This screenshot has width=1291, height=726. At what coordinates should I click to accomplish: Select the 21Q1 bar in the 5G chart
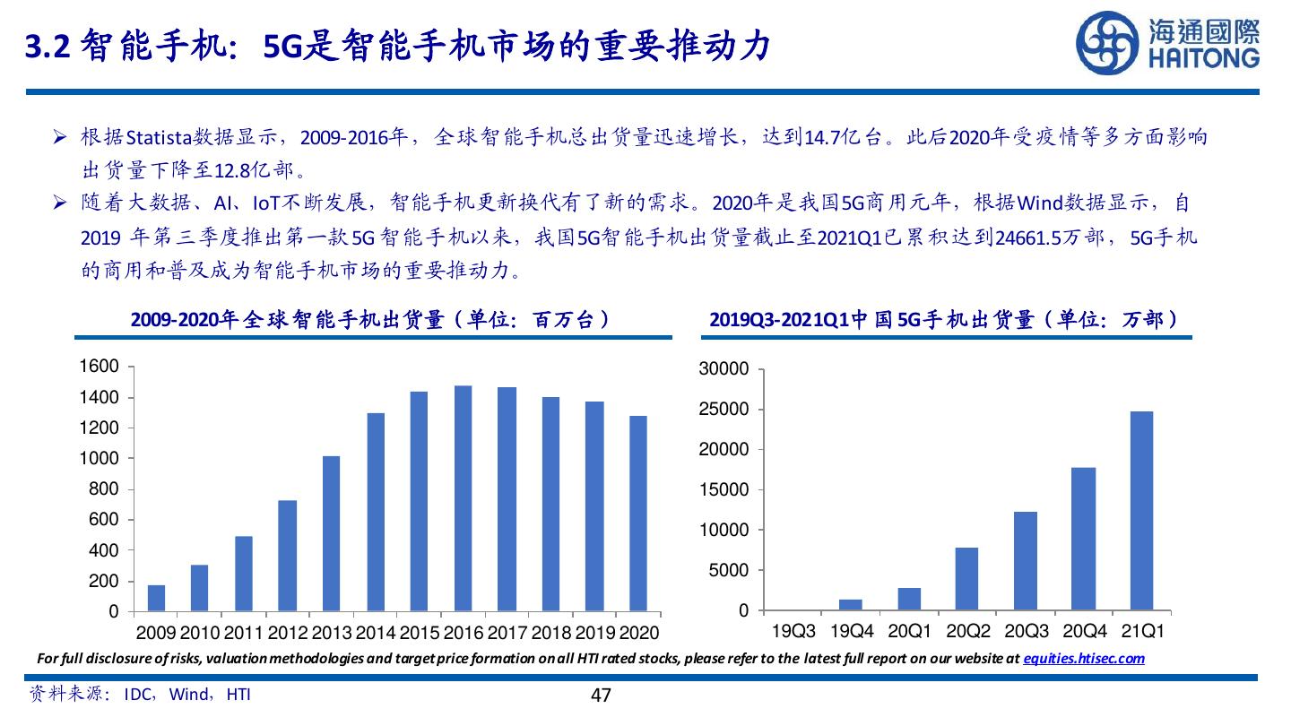click(x=1141, y=511)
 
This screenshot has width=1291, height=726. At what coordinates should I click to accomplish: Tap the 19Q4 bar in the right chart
click(x=851, y=605)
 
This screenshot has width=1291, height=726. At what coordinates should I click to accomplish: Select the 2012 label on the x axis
click(x=287, y=633)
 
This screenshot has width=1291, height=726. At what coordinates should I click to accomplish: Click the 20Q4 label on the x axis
click(x=1083, y=632)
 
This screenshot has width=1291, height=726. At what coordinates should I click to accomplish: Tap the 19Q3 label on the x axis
click(x=793, y=632)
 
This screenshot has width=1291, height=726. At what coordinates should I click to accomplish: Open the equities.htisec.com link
click(x=1084, y=659)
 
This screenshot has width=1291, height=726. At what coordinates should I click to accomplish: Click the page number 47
click(x=601, y=695)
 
